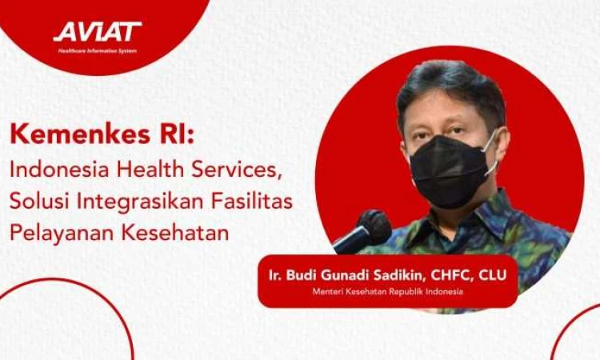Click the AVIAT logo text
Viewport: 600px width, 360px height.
97,31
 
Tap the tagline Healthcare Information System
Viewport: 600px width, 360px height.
97,50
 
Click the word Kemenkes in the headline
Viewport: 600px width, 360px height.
80,134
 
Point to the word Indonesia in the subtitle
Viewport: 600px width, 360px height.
60,169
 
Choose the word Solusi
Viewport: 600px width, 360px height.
39,202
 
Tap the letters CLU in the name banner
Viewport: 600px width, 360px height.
493,275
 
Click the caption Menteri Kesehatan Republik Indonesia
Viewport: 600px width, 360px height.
388,291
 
